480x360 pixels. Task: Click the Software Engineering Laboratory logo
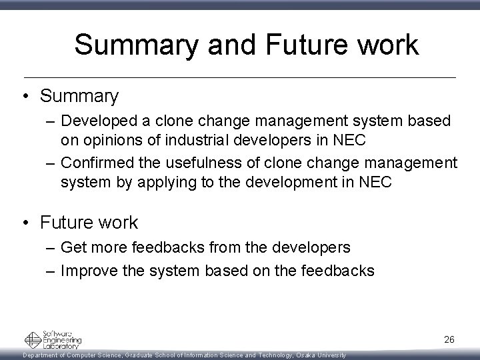pos(53,340)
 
